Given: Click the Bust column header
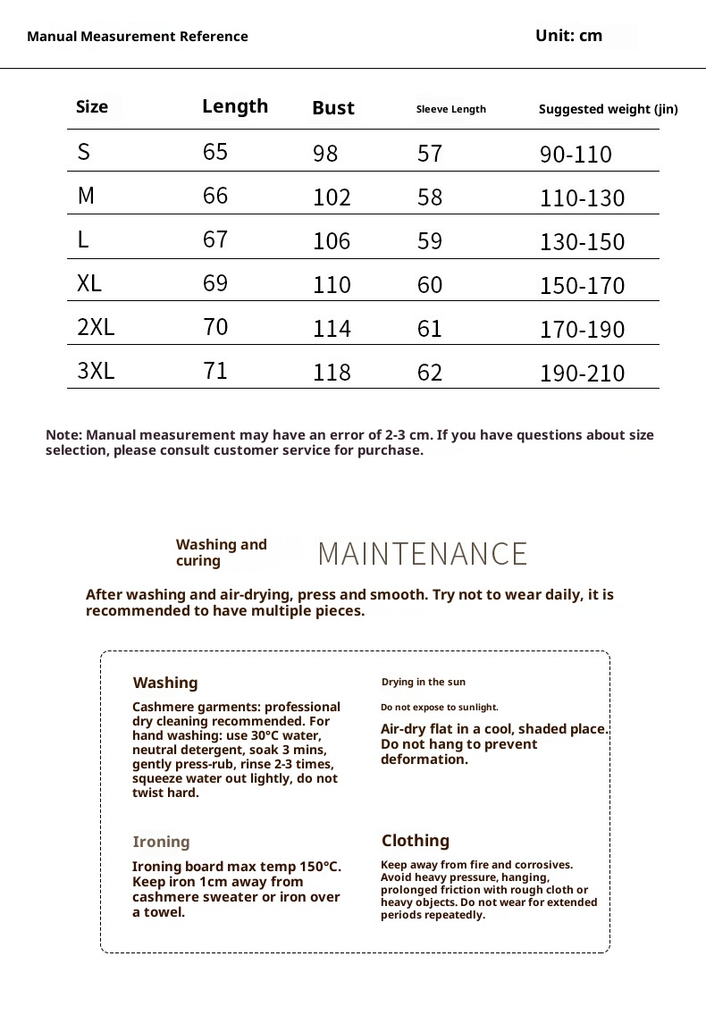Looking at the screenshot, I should tap(333, 108).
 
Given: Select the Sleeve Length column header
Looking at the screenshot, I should tap(451, 109).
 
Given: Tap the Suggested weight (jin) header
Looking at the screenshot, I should tap(608, 109).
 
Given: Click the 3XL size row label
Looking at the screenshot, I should tap(96, 371).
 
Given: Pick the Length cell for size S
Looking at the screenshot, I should tap(215, 152).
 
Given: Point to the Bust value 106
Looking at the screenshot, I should tap(332, 241).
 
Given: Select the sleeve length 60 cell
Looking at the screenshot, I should tap(430, 285).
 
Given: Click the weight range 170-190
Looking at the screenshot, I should tap(582, 330).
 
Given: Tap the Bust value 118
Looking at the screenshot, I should tap(332, 373).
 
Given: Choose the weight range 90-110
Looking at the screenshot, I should tap(576, 155).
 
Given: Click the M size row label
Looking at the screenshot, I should tap(86, 196).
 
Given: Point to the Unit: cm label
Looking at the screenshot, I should tap(568, 36).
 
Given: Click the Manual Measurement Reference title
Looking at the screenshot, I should tap(138, 37).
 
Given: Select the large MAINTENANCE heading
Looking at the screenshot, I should tap(423, 554).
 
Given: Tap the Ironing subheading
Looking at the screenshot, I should tap(161, 842).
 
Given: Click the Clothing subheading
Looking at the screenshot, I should tap(416, 841).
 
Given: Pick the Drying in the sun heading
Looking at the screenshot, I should tap(424, 682).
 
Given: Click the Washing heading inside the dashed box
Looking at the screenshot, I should tap(165, 683).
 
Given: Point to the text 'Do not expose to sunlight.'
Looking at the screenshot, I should tap(440, 707).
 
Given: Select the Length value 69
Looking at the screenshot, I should tap(215, 283).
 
